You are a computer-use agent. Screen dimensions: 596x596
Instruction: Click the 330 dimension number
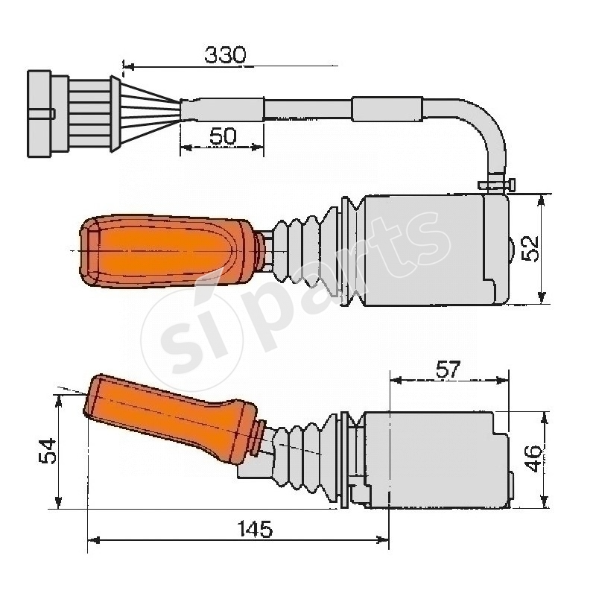pyautogui.click(x=225, y=54)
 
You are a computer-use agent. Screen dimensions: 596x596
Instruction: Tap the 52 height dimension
pyautogui.click(x=530, y=249)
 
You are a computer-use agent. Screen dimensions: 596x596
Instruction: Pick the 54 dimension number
pyautogui.click(x=46, y=451)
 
